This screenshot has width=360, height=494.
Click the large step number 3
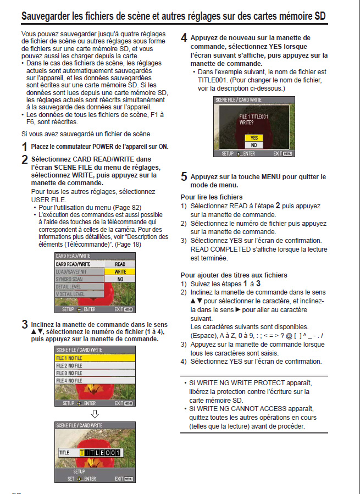coord(24,324)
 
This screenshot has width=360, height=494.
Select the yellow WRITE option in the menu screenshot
coord(120,271)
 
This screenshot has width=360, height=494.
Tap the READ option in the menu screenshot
coord(120,264)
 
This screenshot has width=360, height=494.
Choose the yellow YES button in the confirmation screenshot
coord(253,138)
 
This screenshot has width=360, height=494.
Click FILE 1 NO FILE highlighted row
coord(95,358)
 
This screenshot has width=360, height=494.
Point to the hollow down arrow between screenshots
coord(95,413)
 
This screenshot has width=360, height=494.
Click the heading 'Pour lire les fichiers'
coord(212,197)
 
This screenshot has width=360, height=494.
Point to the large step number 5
coord(184,177)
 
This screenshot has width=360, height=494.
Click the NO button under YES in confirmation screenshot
coord(253,145)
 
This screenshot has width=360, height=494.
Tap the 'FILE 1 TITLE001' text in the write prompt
coord(253,117)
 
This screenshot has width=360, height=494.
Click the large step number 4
coord(184,38)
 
